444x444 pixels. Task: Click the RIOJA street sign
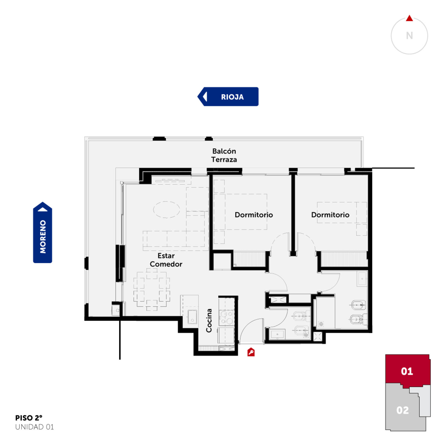coord(228,97)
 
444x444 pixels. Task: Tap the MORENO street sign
coord(42,232)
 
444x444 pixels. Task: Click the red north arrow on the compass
coord(409,18)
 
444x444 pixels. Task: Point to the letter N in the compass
coord(409,36)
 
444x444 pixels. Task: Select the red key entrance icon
coord(251,352)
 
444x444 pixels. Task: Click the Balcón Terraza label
coord(224,155)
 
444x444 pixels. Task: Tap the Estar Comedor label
coord(166,260)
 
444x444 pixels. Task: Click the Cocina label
coord(209,321)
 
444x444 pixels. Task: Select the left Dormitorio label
coord(254,215)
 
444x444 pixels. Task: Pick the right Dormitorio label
coord(330,215)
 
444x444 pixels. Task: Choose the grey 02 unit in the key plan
coord(402,410)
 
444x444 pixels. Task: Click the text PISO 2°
coord(29,418)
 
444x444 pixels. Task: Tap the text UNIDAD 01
coord(34,427)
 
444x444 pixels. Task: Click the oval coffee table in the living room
coord(167,210)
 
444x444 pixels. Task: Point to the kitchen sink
coord(192,317)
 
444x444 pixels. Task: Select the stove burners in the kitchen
coord(226,318)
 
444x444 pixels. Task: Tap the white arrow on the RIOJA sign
coord(205,97)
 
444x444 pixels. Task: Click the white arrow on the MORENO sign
coord(42,209)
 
